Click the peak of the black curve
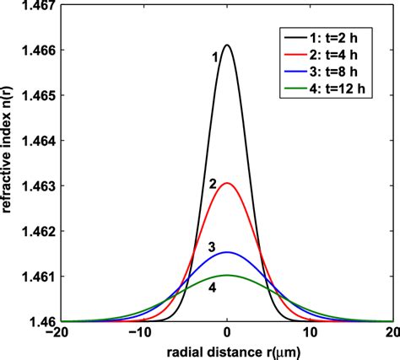pyautogui.click(x=227, y=46)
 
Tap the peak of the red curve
pyautogui.click(x=227, y=183)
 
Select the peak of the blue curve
pyautogui.click(x=227, y=252)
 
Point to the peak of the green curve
pyautogui.click(x=227, y=275)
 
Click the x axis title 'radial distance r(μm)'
pyautogui.click(x=226, y=351)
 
